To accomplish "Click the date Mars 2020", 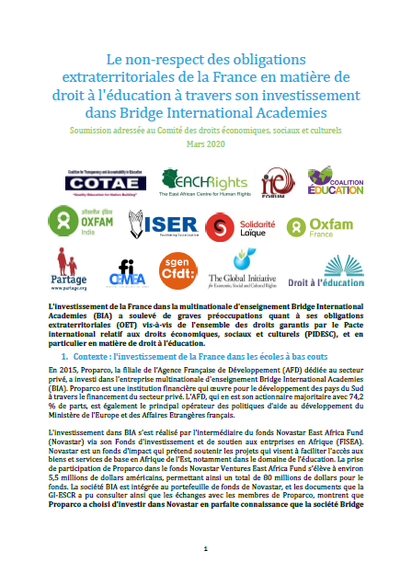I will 206,144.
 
